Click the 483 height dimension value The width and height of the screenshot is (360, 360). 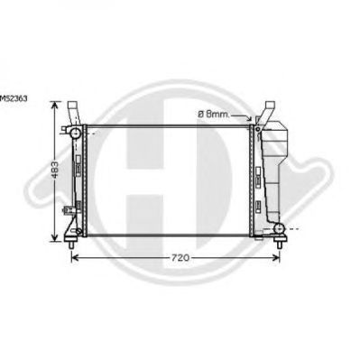tap(55, 170)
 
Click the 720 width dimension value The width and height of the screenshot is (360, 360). tap(180, 258)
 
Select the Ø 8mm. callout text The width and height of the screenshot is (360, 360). tap(214, 115)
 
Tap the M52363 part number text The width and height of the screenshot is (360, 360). tap(14, 98)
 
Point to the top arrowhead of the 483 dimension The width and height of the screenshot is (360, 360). tap(54, 105)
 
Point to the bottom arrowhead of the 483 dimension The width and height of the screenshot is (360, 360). tap(54, 237)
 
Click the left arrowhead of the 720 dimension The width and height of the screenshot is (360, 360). tap(74, 258)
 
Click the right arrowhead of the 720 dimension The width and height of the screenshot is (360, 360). tap(276, 258)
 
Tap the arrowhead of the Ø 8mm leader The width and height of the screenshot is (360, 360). tap(249, 118)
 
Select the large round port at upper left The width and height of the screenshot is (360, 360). tap(76, 133)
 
